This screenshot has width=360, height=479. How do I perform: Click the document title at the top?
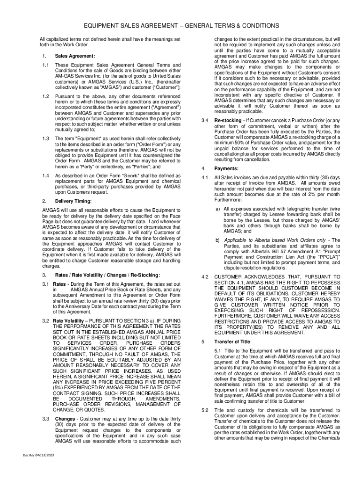pyautogui.click(x=180, y=25)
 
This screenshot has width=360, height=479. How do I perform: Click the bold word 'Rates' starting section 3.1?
pyautogui.click(x=59, y=284)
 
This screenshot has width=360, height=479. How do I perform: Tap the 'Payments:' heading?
pyautogui.click(x=226, y=168)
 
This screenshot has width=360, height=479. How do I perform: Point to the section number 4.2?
pyautogui.click(x=204, y=277)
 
